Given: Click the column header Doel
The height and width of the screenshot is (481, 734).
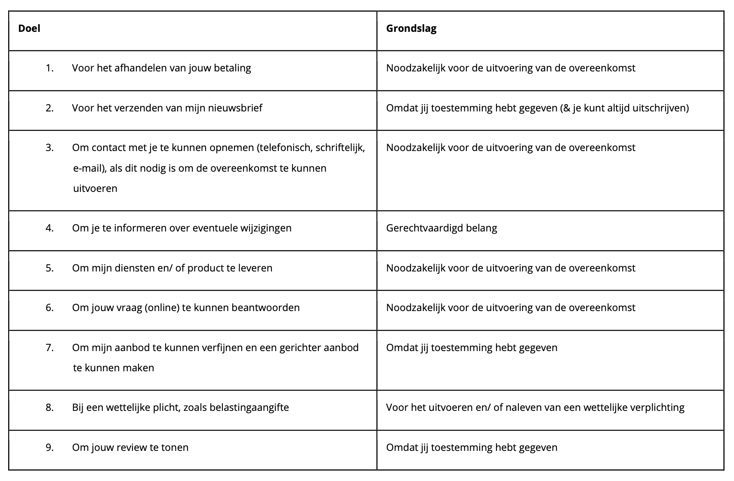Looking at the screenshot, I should pos(29,28).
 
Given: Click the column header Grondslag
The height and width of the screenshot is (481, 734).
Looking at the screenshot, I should pos(411,28).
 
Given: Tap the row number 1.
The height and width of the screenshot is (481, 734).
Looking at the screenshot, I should pos(49,68).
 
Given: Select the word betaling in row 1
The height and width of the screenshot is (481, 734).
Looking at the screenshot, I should pos(232,68).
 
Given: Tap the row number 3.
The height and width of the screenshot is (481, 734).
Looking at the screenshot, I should pos(49,148).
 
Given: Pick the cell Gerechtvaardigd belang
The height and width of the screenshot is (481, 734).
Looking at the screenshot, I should pos(441,228).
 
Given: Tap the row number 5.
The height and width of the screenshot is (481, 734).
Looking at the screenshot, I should pos(49,268).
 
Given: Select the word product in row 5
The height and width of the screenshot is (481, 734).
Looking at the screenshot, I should pos(206,268).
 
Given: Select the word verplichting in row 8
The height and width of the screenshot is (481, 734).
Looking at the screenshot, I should pos(657,407).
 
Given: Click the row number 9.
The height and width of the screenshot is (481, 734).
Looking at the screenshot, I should pos(49,447).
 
